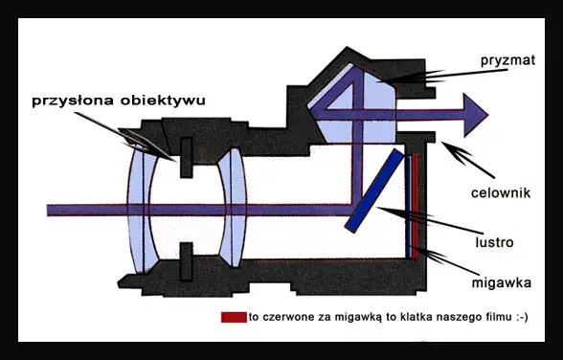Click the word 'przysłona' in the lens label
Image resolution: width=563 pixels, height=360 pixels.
pos(68,100)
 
